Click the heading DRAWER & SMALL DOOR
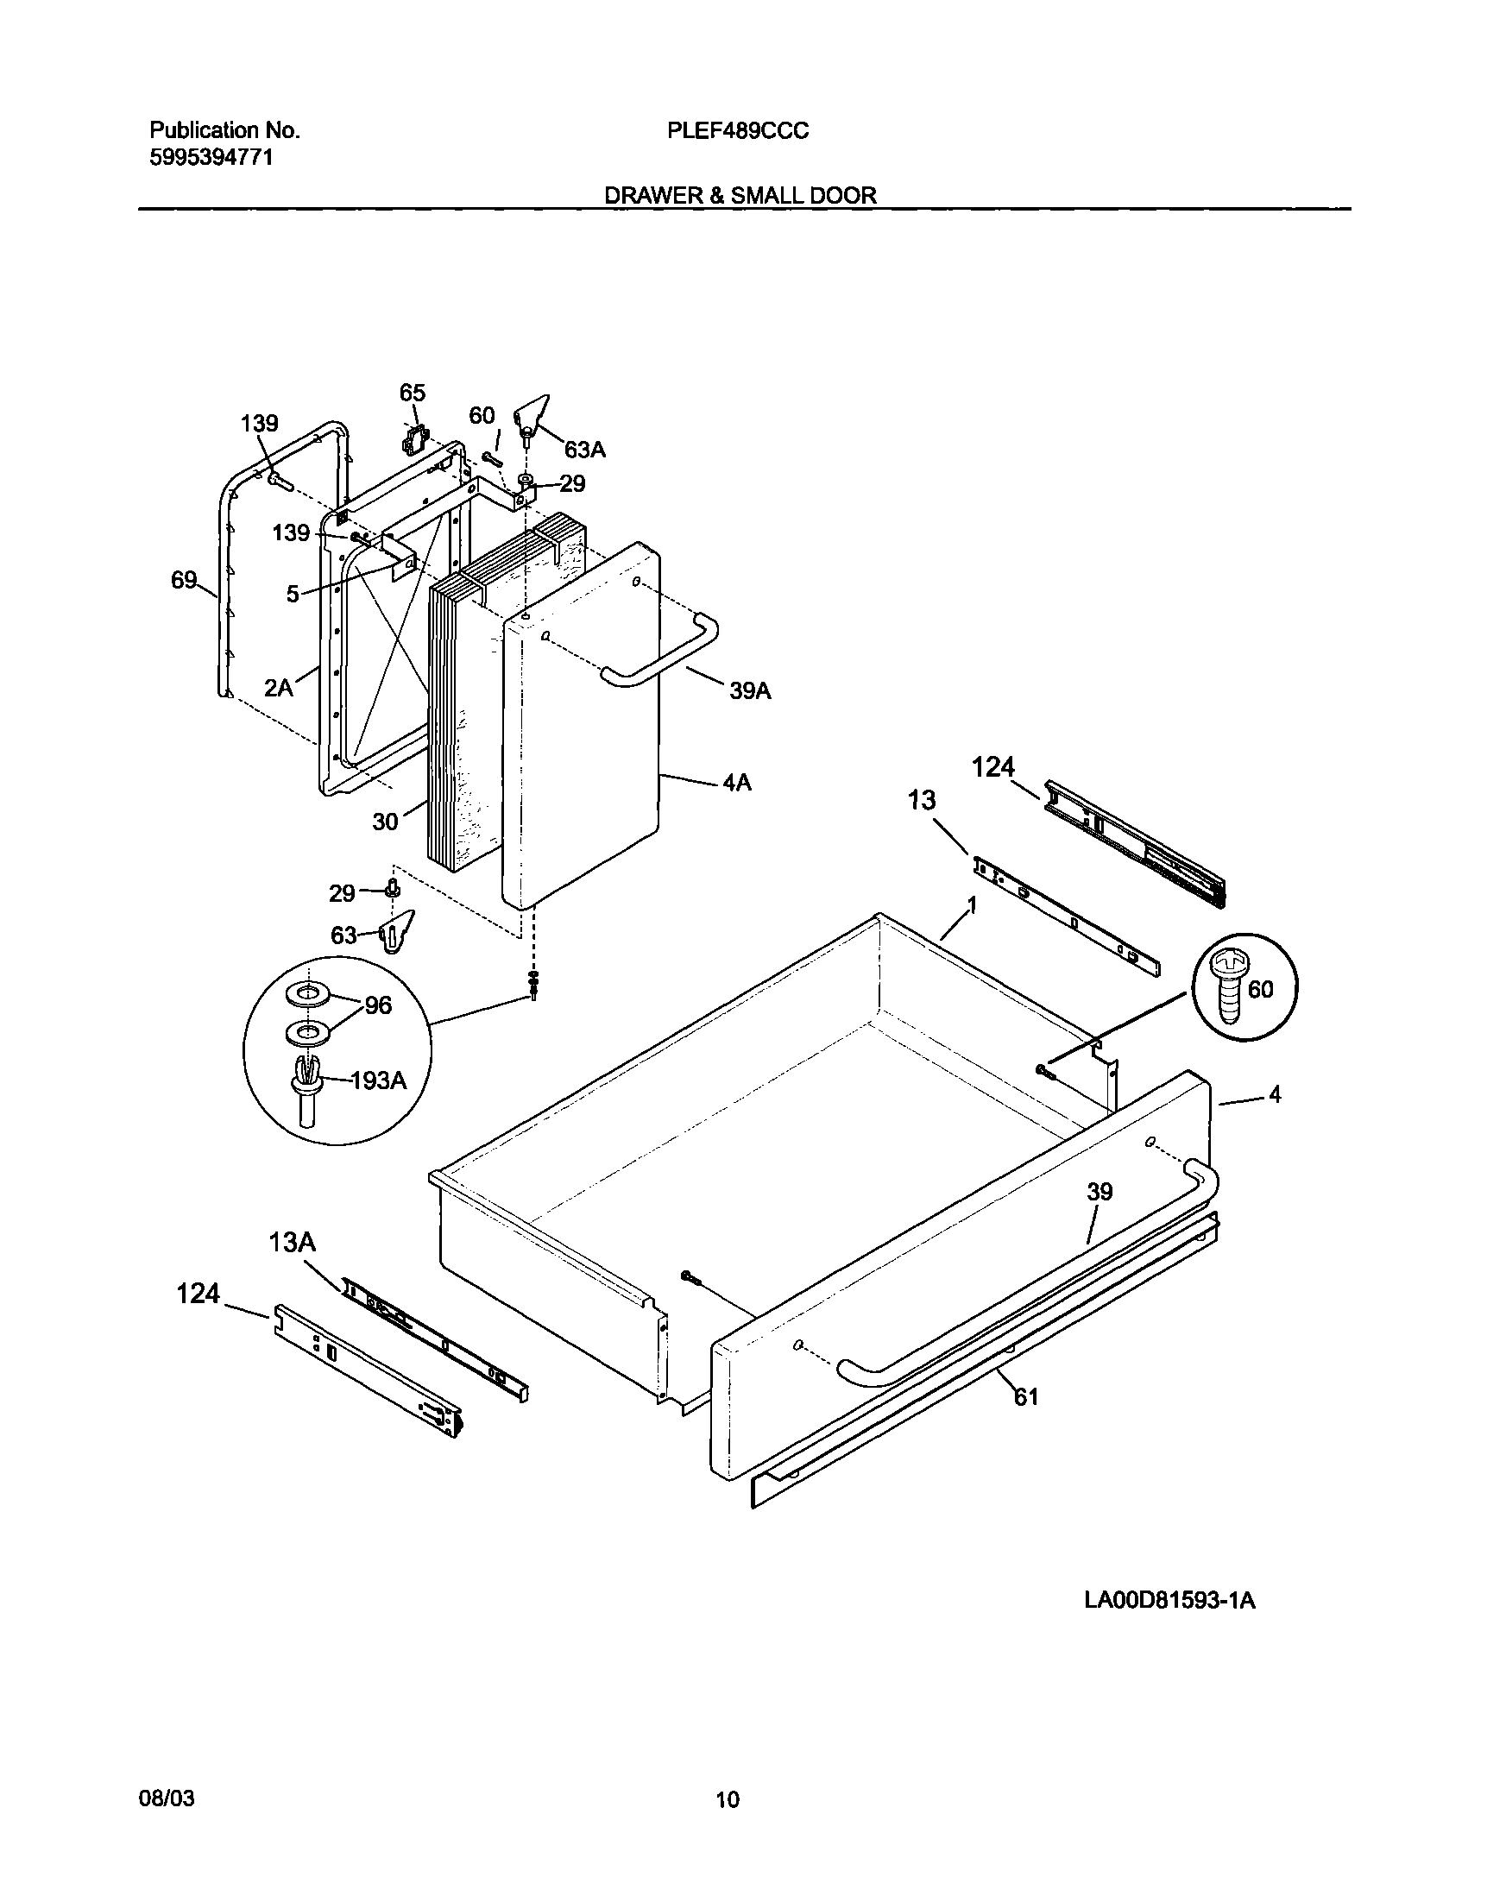(740, 195)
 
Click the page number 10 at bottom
(728, 1799)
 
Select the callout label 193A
(378, 1080)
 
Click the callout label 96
(378, 1005)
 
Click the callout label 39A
(750, 691)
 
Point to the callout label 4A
(736, 783)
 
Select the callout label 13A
(292, 1242)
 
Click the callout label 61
(1026, 1397)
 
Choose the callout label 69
(184, 580)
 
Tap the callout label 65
(412, 393)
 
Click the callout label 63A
(584, 450)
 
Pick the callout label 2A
(278, 688)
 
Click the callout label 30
(385, 821)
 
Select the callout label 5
(293, 594)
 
